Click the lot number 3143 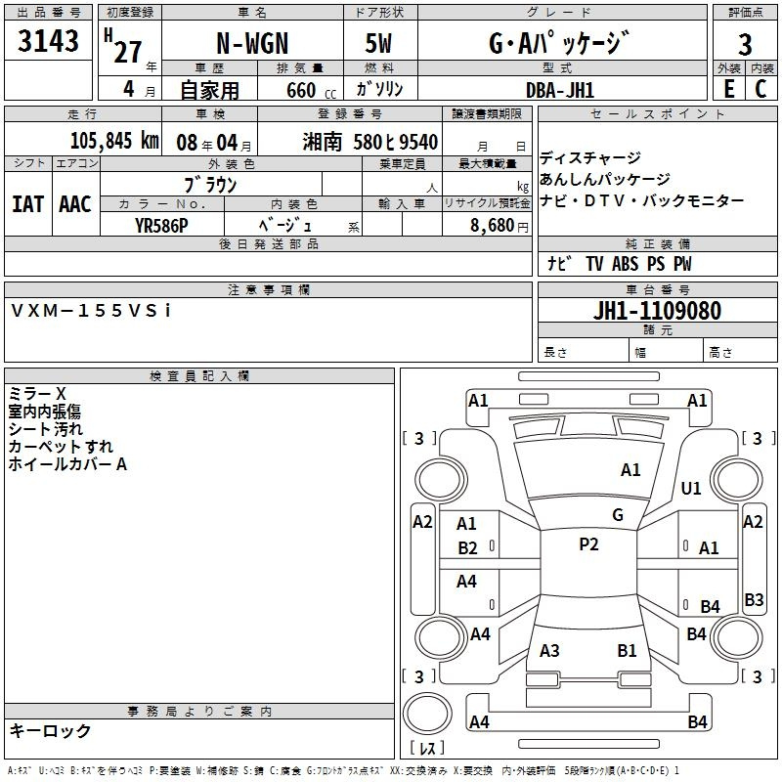pyautogui.click(x=48, y=40)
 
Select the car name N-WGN pyautogui.click(x=252, y=43)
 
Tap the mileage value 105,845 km pyautogui.click(x=114, y=141)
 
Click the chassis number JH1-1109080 pyautogui.click(x=657, y=310)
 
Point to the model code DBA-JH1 pyautogui.click(x=560, y=90)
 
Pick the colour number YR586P pyautogui.click(x=161, y=226)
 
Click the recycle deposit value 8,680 pyautogui.click(x=493, y=225)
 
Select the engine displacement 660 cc pyautogui.click(x=311, y=90)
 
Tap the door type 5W pyautogui.click(x=378, y=43)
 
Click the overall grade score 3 pyautogui.click(x=745, y=44)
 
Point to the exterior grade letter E pyautogui.click(x=729, y=89)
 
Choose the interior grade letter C pyautogui.click(x=761, y=89)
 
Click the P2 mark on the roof pyautogui.click(x=589, y=544)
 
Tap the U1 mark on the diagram pyautogui.click(x=691, y=488)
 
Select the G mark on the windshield pyautogui.click(x=618, y=515)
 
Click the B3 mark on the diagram pyautogui.click(x=754, y=599)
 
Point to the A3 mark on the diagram pyautogui.click(x=549, y=651)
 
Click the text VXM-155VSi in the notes pyautogui.click(x=91, y=311)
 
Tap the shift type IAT pyautogui.click(x=27, y=204)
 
